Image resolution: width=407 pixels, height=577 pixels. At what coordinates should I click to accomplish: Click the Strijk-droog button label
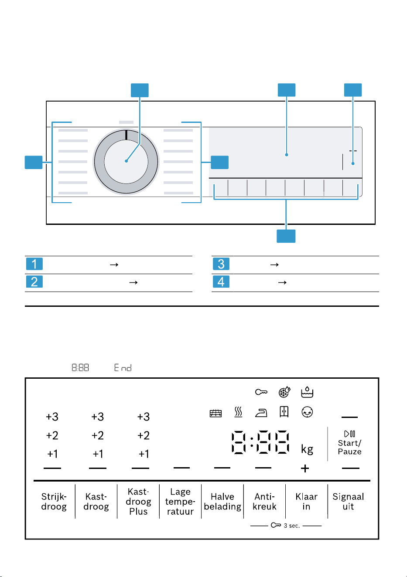(x=54, y=501)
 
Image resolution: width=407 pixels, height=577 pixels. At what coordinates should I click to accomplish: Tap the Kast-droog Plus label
(x=138, y=501)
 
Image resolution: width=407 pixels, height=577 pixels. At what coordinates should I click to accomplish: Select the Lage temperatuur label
(x=180, y=501)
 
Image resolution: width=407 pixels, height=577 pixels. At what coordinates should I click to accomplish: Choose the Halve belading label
(x=222, y=501)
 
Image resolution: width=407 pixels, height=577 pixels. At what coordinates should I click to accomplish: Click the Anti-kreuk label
(x=264, y=501)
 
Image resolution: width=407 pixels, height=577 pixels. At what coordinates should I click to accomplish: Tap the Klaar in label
(x=306, y=501)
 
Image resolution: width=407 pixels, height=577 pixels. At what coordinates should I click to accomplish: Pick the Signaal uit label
(x=348, y=501)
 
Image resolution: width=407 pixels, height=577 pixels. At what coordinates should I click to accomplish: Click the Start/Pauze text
(x=350, y=448)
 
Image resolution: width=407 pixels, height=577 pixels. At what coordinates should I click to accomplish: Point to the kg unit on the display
(x=307, y=449)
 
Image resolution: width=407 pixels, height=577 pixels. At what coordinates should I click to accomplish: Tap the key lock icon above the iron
(x=261, y=392)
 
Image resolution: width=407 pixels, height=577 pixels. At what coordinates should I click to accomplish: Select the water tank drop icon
(x=307, y=392)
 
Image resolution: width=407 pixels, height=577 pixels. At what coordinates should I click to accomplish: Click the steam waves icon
(x=238, y=412)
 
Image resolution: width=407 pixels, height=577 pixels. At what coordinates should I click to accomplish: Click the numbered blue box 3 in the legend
(x=221, y=264)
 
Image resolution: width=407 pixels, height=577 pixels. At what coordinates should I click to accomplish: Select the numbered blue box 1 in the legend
(x=34, y=264)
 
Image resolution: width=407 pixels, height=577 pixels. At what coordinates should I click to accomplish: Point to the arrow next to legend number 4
(x=282, y=282)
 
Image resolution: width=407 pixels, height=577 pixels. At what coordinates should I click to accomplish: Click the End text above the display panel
(x=123, y=367)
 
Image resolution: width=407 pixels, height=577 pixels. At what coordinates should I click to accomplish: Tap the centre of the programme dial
(x=126, y=161)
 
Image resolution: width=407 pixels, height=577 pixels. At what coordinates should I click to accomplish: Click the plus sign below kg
(x=305, y=468)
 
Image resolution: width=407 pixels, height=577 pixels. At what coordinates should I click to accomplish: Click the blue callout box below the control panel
(x=286, y=236)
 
